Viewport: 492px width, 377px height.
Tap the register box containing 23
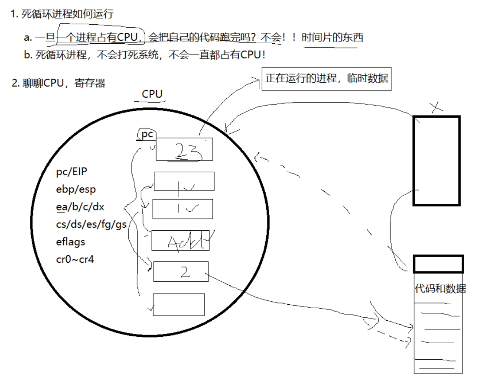click(185, 149)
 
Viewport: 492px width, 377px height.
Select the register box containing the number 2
click(180, 271)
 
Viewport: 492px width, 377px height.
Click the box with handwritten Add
click(180, 240)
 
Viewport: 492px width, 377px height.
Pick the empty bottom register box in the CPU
click(179, 304)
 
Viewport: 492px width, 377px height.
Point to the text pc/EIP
click(72, 172)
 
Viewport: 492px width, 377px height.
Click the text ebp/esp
click(76, 189)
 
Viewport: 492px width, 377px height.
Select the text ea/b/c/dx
click(80, 207)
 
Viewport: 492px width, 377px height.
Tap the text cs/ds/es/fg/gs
click(91, 224)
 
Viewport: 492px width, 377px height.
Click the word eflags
click(71, 242)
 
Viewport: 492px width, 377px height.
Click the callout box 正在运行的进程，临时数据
click(326, 79)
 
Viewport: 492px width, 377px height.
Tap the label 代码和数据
click(440, 289)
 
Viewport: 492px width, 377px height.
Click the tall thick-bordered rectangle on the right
click(436, 160)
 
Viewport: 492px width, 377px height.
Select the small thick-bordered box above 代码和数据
click(438, 264)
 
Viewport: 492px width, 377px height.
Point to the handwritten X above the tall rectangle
click(436, 107)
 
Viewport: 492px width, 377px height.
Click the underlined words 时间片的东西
click(332, 38)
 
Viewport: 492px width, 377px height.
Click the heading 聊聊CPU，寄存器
click(59, 83)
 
